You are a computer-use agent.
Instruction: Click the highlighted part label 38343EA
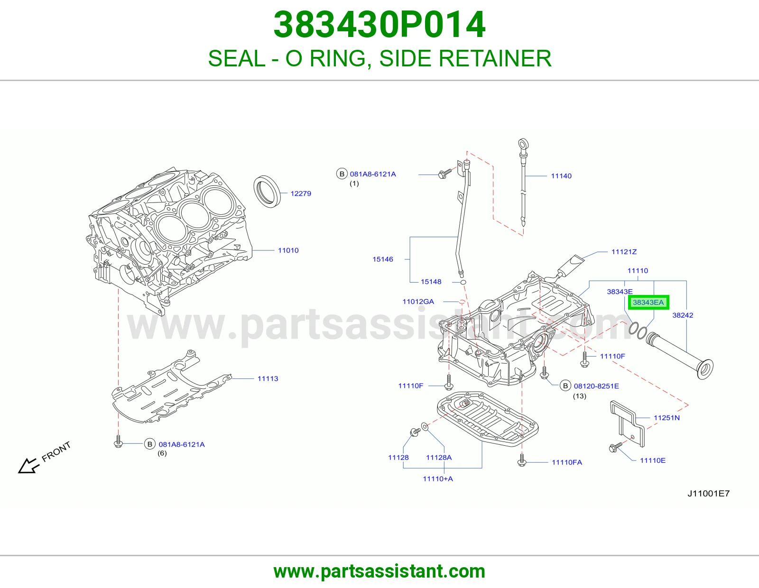click(648, 303)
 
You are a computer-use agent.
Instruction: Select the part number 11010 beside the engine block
click(288, 250)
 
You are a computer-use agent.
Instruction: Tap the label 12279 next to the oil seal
click(301, 193)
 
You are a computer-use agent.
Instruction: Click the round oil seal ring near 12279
click(267, 192)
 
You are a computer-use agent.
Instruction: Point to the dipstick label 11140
click(561, 176)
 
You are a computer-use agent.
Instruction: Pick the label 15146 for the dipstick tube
click(383, 259)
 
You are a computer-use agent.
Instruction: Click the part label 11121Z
click(624, 251)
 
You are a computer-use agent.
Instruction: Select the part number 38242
click(683, 315)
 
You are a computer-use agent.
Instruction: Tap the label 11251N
click(667, 418)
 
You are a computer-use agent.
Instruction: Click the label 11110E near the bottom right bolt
click(653, 460)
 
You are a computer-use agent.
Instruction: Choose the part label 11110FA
click(567, 462)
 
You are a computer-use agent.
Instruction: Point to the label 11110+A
click(438, 479)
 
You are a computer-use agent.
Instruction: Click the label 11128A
click(439, 458)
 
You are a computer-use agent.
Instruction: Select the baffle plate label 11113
click(268, 378)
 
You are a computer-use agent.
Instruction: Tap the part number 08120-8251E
click(596, 386)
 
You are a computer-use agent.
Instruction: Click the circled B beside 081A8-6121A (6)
click(149, 444)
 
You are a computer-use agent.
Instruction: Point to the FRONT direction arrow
click(28, 466)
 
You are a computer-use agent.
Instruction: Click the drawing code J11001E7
click(709, 493)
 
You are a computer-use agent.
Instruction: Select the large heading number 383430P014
click(379, 25)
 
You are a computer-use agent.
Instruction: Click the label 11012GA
click(418, 301)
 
